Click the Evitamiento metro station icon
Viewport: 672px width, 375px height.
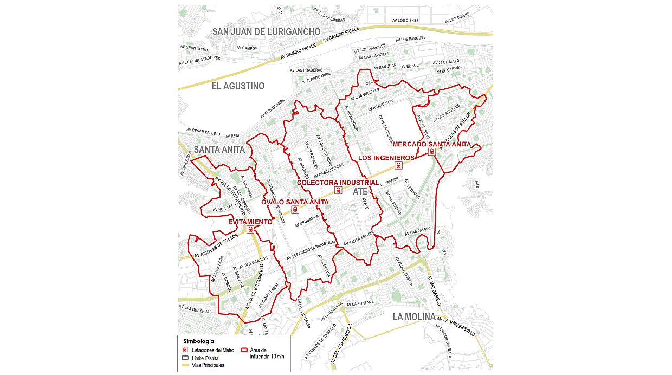coord(250,230)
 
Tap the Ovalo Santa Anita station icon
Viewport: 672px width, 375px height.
coord(295,210)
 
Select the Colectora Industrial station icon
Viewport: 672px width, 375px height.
coord(339,190)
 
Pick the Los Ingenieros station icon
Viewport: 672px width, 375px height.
coord(399,166)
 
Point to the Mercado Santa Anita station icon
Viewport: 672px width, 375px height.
coord(432,152)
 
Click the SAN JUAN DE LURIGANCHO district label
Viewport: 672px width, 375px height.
coord(266,31)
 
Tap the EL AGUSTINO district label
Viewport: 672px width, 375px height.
coord(238,86)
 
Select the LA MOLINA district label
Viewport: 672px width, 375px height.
coord(413,316)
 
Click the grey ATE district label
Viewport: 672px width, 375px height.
coord(360,192)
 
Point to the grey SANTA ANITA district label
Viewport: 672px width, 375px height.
coord(219,149)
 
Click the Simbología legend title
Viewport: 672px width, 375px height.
coord(198,341)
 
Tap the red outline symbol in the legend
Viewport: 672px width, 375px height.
coord(244,351)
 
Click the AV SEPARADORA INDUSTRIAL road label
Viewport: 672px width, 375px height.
coord(312,251)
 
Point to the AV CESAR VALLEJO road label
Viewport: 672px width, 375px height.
coord(203,130)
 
